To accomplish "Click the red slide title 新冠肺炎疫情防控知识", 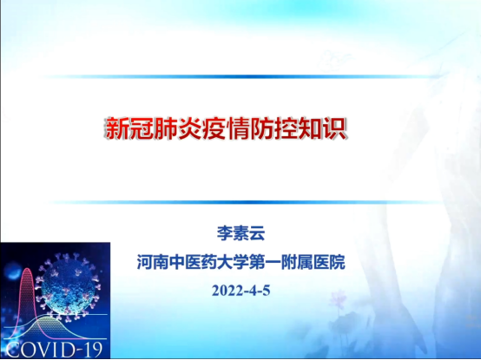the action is coord(226,128).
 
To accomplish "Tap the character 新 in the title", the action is coord(116,128).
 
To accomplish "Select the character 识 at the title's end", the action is coord(335,128).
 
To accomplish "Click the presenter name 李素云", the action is coord(240,233).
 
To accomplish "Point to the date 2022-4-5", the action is coord(240,290).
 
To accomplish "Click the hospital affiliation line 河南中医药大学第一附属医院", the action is coord(241,262).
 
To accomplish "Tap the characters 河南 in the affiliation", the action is coord(153,262).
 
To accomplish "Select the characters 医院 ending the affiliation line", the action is coord(329,262).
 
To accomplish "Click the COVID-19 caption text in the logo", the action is coord(54,350).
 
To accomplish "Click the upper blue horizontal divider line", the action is coord(240,76).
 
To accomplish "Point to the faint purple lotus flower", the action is coord(338,299).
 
